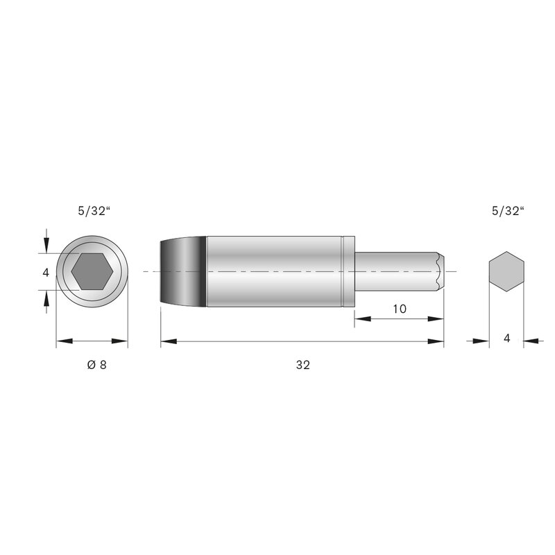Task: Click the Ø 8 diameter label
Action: click(x=96, y=365)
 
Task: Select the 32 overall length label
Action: click(x=303, y=365)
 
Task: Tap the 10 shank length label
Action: click(x=400, y=309)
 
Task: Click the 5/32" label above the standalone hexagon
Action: click(x=508, y=212)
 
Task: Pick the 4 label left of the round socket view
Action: click(x=46, y=273)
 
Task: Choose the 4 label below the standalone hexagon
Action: click(x=507, y=339)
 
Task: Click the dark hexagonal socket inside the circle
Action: click(x=92, y=271)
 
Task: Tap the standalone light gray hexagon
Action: click(x=506, y=271)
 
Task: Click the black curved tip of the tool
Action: click(x=183, y=271)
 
